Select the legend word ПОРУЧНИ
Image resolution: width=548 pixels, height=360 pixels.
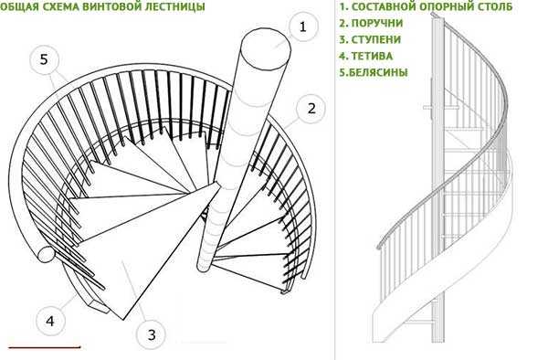click(x=376, y=23)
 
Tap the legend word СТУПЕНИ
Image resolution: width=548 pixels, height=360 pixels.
click(x=375, y=39)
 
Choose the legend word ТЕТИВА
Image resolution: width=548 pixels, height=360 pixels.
click(x=372, y=56)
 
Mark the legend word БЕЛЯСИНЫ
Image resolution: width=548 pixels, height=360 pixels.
click(x=378, y=72)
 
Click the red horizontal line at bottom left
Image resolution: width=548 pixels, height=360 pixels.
click(x=45, y=347)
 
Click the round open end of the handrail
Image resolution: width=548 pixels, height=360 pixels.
click(x=46, y=254)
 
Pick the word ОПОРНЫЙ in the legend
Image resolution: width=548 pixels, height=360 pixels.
click(x=443, y=6)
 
